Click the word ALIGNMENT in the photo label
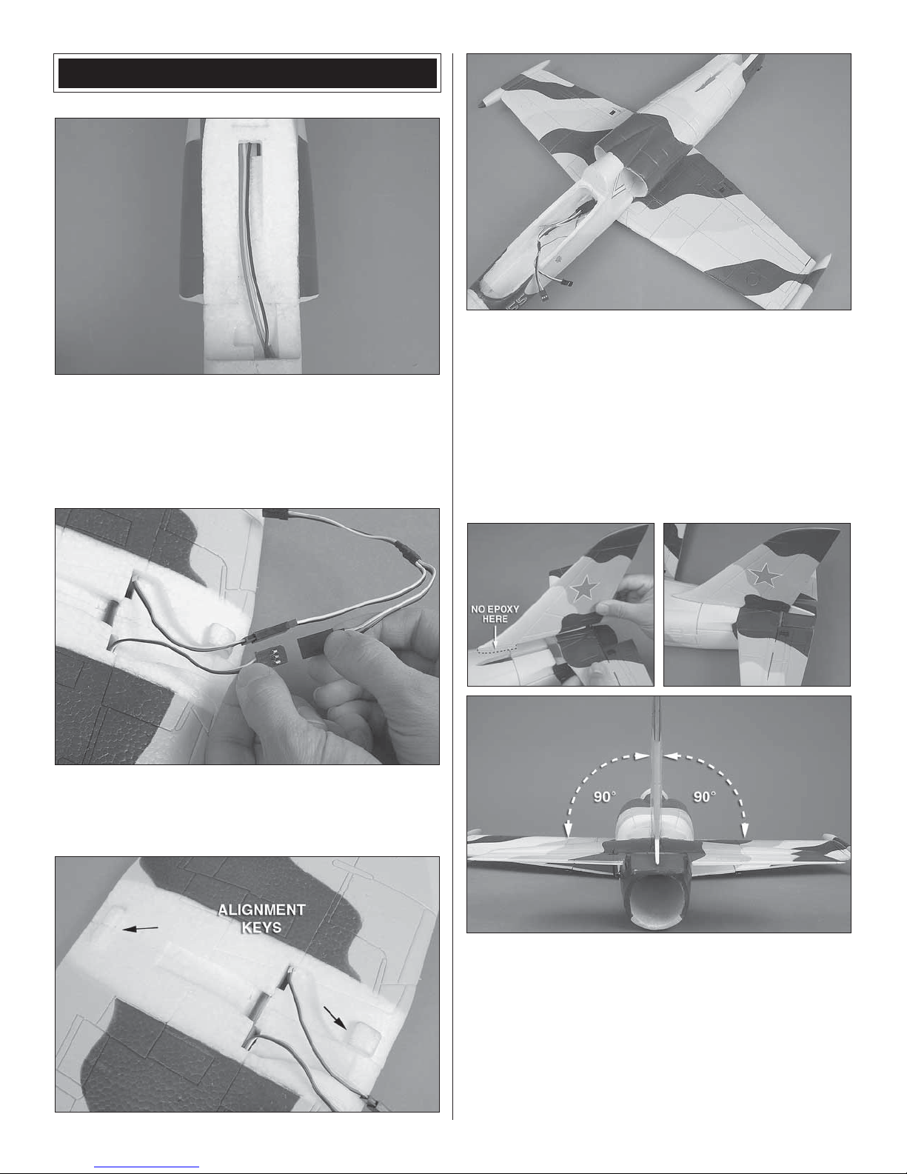(x=261, y=910)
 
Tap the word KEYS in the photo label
(x=261, y=927)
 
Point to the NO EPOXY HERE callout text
(x=495, y=614)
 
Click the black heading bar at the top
(x=247, y=73)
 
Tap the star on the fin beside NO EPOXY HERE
(x=583, y=588)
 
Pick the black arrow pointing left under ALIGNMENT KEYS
(x=141, y=929)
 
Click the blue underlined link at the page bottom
(x=147, y=1167)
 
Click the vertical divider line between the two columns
(x=452, y=586)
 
